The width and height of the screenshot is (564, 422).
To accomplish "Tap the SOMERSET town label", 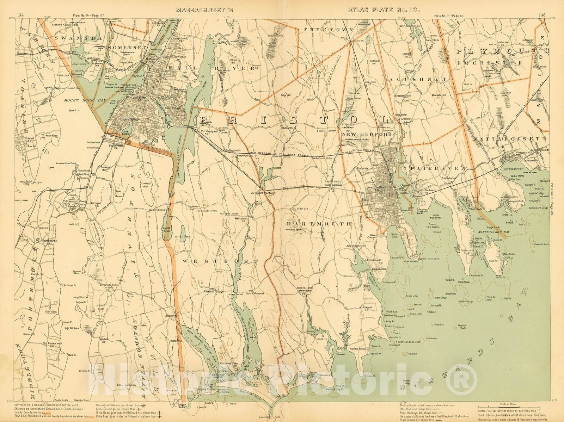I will click(122, 47).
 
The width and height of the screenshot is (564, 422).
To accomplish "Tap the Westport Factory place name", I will click(262, 193).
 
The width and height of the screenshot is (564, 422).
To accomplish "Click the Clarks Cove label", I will click(397, 235).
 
